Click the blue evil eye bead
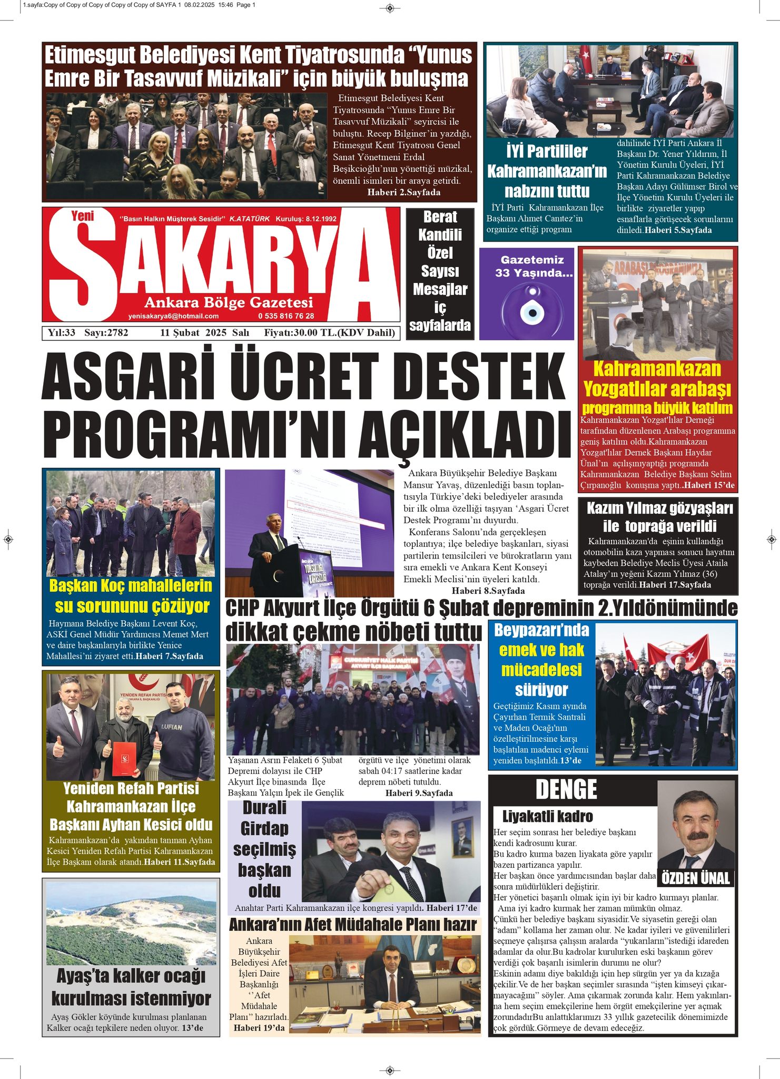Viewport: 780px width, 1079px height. [532, 312]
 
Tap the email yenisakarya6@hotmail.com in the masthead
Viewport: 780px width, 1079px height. [173, 316]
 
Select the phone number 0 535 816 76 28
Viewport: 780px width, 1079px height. [286, 316]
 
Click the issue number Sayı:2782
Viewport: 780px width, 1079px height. [106, 332]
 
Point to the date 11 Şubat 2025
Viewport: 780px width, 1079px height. [193, 332]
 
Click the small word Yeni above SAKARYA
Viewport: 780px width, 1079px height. [82, 215]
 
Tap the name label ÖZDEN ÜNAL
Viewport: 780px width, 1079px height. [695, 878]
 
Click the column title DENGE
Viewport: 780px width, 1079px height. [566, 790]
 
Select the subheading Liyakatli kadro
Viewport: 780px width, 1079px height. [547, 817]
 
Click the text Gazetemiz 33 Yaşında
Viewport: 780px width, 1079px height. [533, 267]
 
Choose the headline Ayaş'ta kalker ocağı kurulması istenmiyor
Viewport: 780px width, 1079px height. [131, 987]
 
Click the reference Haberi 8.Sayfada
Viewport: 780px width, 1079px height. [488, 591]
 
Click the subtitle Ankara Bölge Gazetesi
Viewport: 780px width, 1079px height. [229, 302]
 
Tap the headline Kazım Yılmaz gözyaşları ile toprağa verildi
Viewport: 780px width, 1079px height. [659, 517]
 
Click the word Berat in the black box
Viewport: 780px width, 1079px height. [440, 217]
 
